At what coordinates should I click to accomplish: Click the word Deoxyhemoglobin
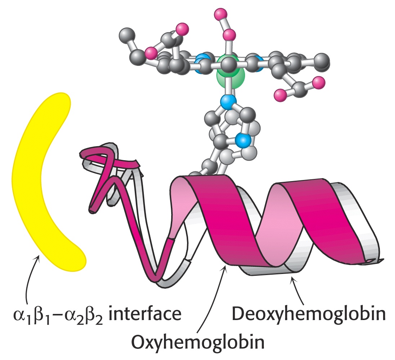[309, 314]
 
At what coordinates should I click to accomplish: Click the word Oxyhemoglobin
[198, 342]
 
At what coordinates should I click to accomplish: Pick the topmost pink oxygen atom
[221, 14]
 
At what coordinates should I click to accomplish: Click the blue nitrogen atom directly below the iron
[228, 102]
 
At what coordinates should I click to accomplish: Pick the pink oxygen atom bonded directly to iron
[229, 35]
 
